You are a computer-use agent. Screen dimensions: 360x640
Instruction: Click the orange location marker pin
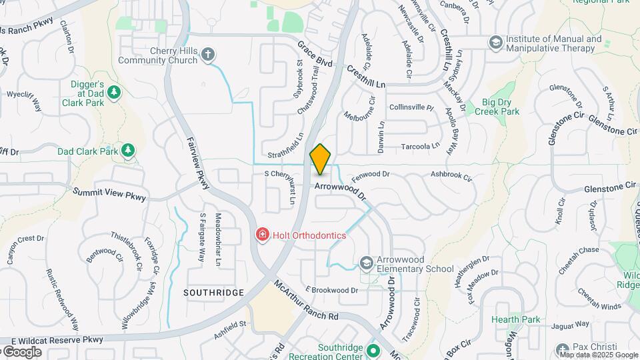[x=321, y=159]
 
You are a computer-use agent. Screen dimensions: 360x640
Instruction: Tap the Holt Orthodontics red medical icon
[x=263, y=235]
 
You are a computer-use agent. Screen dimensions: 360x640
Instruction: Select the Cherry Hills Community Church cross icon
[x=209, y=55]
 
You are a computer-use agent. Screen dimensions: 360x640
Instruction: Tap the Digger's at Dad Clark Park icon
[x=114, y=92]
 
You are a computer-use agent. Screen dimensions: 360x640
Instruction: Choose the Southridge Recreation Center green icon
[x=374, y=349]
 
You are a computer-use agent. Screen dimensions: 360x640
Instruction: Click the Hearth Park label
[x=515, y=320]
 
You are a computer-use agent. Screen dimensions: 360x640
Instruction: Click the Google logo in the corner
[x=21, y=351]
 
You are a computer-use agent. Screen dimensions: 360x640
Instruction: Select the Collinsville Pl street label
[x=411, y=107]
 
